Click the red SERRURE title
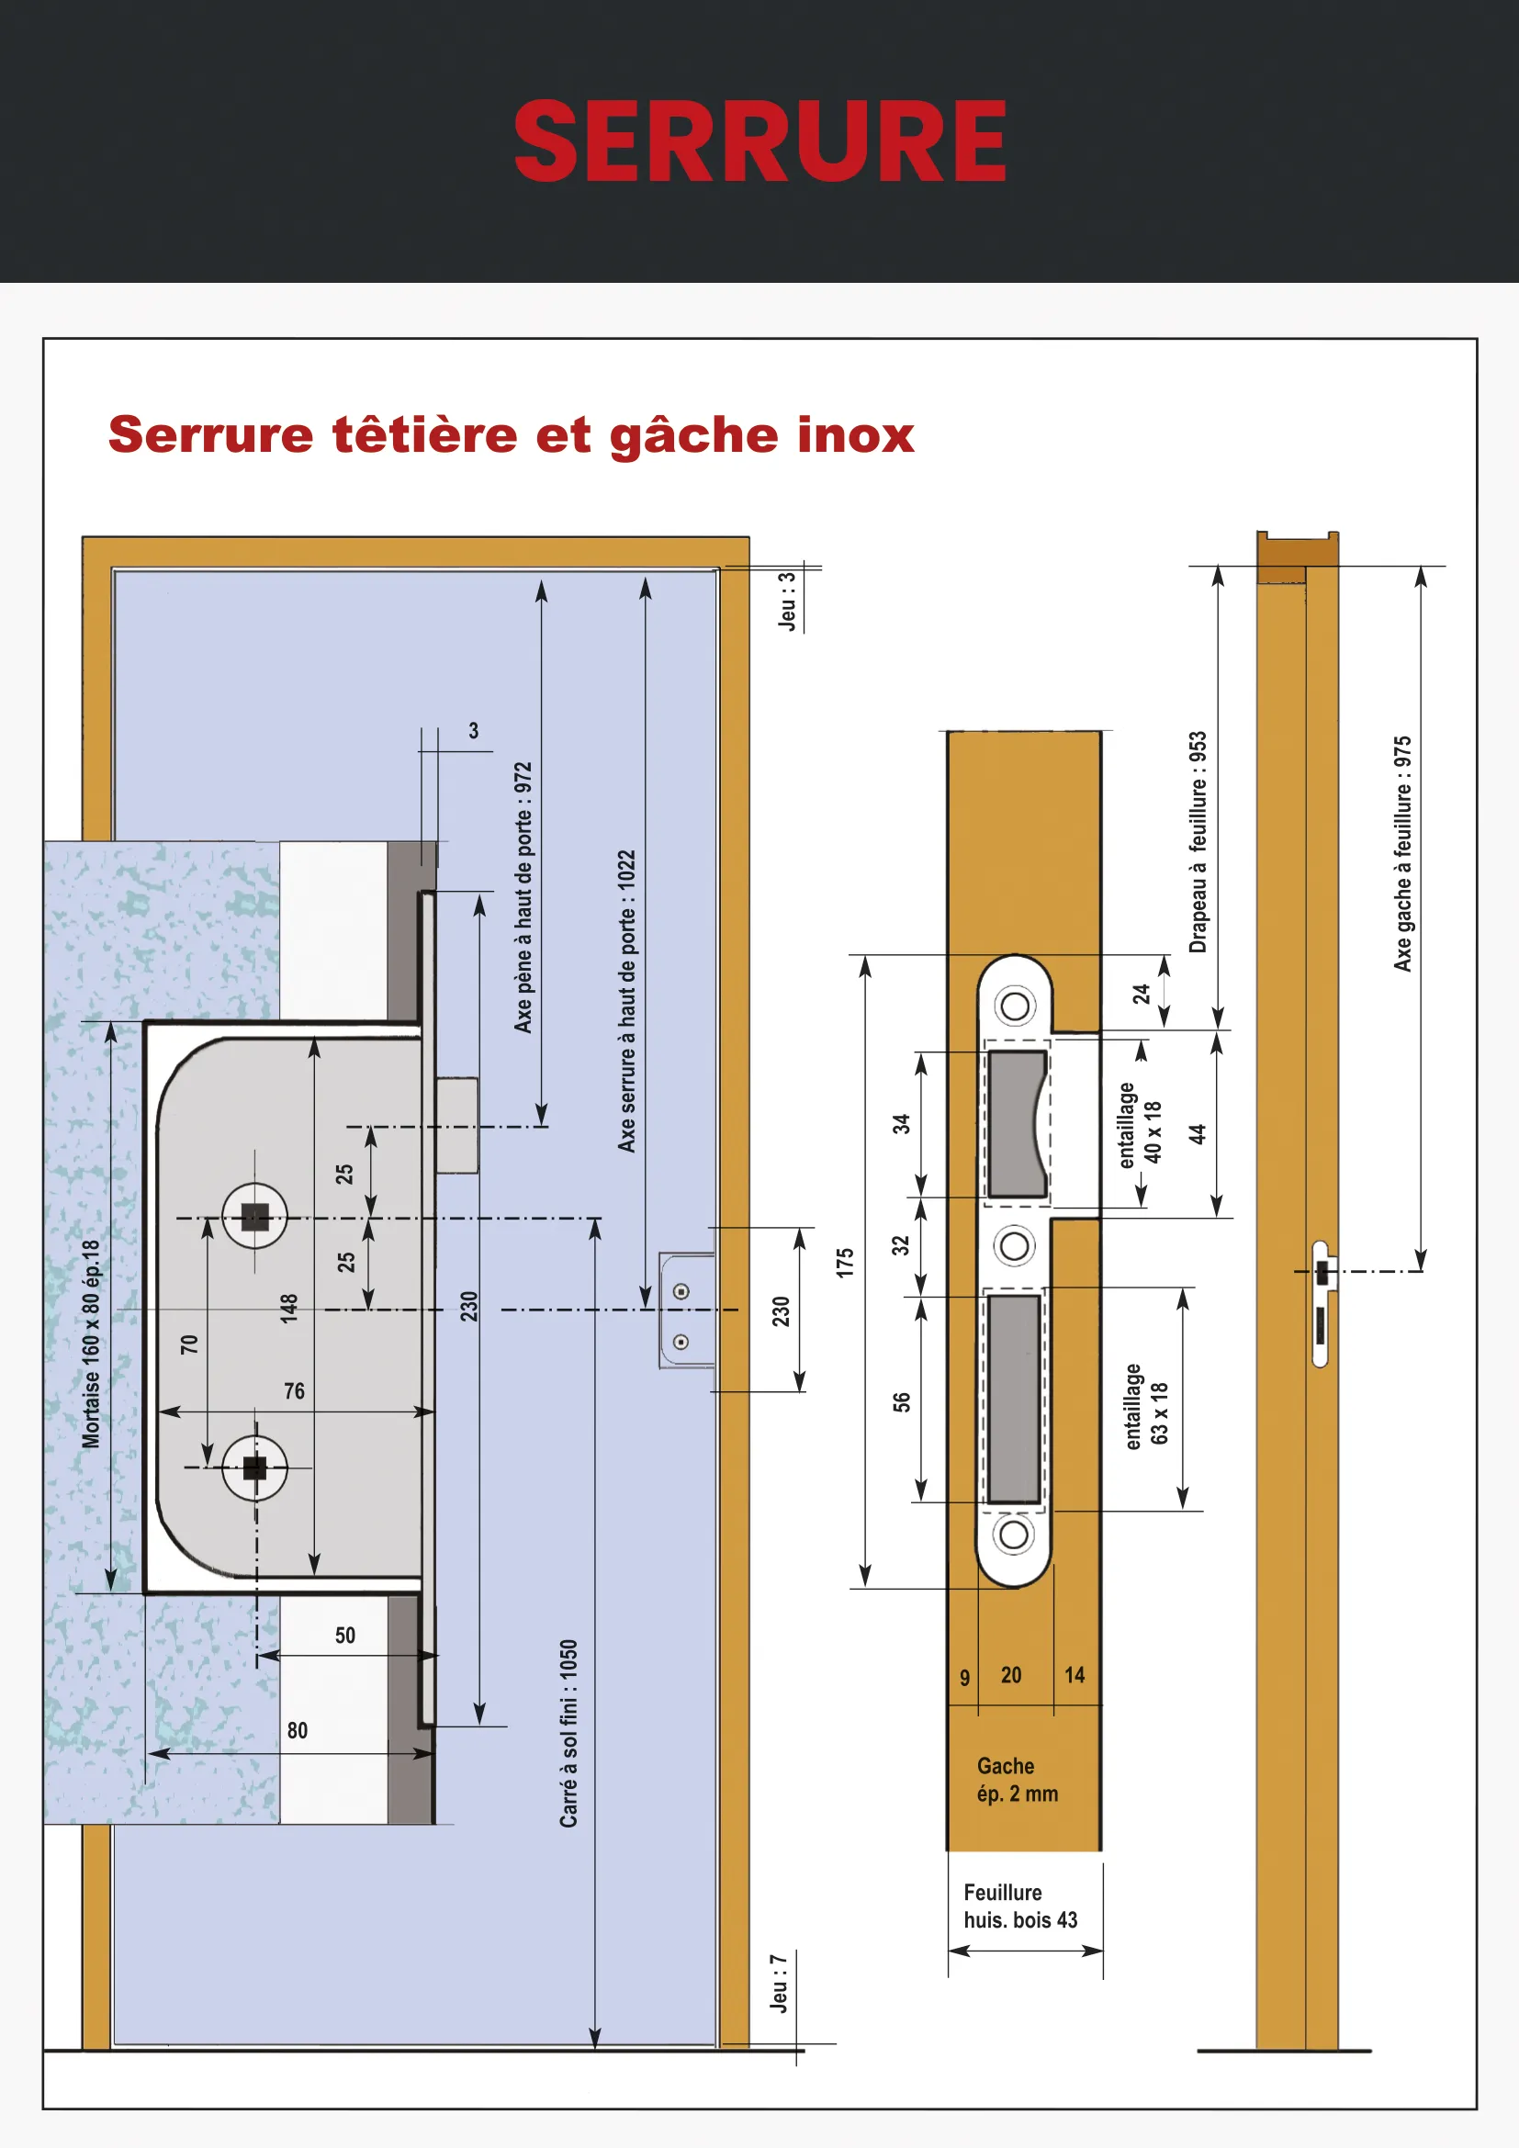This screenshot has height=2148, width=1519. [759, 141]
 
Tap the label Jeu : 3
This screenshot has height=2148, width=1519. [789, 602]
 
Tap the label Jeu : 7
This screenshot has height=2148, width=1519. [778, 1984]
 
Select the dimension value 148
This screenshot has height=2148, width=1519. [289, 1307]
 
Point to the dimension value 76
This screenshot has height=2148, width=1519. [295, 1391]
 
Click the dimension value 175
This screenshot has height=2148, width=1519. [846, 1262]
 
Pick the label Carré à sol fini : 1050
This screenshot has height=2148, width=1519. [568, 1734]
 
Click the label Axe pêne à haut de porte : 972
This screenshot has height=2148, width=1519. [523, 897]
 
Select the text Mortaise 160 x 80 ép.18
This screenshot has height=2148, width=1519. [91, 1344]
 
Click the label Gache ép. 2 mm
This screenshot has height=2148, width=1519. [1017, 1780]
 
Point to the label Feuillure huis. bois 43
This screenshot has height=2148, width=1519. [1019, 1906]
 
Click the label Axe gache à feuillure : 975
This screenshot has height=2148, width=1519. [1402, 854]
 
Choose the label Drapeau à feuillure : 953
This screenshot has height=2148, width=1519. [1198, 842]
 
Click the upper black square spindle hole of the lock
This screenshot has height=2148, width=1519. [254, 1217]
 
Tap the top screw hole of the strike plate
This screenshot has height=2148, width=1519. [1015, 1007]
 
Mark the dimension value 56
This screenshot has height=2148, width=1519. [902, 1401]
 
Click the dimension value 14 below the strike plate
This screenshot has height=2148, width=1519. [1075, 1676]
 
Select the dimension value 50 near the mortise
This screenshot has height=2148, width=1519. [345, 1636]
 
